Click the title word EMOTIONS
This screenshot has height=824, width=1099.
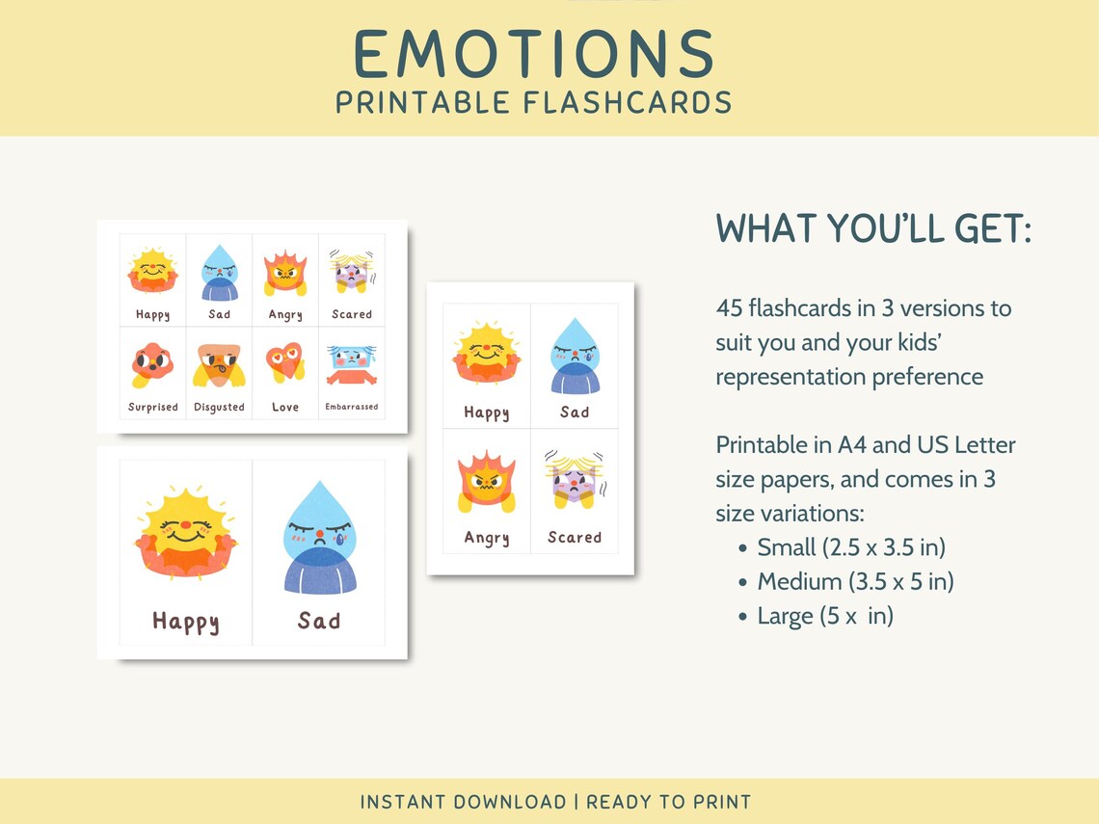pos(533,55)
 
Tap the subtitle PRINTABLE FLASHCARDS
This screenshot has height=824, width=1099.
pos(533,102)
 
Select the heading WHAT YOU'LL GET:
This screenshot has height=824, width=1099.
pos(873,229)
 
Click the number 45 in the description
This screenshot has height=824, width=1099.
pos(729,308)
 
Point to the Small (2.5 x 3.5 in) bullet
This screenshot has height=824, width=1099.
pos(851,547)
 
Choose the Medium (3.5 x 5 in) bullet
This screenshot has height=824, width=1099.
pos(855,582)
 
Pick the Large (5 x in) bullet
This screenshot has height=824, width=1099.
pos(825,616)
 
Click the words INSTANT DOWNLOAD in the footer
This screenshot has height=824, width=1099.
pos(463,802)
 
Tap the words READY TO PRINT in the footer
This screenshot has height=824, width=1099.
pos(669,802)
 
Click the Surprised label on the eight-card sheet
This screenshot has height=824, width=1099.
pos(153,408)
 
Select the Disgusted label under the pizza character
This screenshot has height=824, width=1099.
pos(219,408)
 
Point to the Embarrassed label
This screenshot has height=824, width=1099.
pos(352,408)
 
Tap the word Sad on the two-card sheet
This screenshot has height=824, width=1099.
pos(319,621)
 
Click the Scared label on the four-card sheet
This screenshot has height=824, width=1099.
pos(575,538)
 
